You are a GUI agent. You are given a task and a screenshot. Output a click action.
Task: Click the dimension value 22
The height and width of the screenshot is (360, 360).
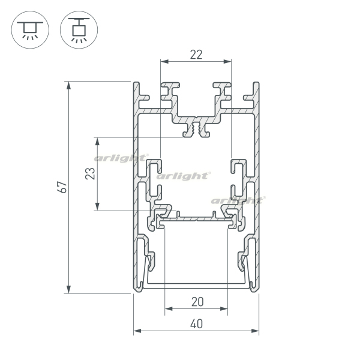pyautogui.click(x=196, y=55)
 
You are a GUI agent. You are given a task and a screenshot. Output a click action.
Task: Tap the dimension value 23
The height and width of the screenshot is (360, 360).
pyautogui.click(x=90, y=173)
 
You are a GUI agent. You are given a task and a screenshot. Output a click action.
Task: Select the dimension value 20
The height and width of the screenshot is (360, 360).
pyautogui.click(x=197, y=302)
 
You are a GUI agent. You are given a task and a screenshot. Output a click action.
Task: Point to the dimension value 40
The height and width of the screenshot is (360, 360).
pyautogui.click(x=197, y=324)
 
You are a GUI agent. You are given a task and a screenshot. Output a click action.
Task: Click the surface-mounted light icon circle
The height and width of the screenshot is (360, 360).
pyautogui.click(x=30, y=29)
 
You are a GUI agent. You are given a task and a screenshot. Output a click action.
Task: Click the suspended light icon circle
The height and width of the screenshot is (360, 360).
pyautogui.click(x=79, y=29)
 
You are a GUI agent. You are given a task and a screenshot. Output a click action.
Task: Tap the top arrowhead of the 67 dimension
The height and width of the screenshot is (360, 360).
pyautogui.click(x=68, y=85)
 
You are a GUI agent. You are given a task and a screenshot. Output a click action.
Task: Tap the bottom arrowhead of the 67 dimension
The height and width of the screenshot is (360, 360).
pyautogui.click(x=68, y=290)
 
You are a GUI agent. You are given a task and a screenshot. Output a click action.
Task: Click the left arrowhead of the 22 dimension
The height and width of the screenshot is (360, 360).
pyautogui.click(x=164, y=61)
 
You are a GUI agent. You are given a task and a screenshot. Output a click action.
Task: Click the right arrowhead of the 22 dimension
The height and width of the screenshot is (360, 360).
pyautogui.click(x=227, y=61)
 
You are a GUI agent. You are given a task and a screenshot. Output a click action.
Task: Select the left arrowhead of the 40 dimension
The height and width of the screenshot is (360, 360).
pyautogui.click(x=137, y=331)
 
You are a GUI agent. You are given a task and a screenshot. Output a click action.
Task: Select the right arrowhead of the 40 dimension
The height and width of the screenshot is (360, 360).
pyautogui.click(x=255, y=331)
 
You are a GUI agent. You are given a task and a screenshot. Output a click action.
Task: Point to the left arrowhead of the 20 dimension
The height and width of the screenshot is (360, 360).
pyautogui.click(x=169, y=308)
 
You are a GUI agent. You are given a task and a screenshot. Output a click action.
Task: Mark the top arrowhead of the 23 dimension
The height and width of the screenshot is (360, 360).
pyautogui.click(x=97, y=142)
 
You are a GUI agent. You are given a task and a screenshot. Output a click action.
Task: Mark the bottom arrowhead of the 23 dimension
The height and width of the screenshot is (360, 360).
pyautogui.click(x=97, y=206)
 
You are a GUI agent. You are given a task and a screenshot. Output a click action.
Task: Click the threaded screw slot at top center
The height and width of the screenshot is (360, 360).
pyautogui.click(x=196, y=128)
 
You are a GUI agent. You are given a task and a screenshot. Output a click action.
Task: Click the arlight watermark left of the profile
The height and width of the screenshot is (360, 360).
pyautogui.click(x=121, y=158)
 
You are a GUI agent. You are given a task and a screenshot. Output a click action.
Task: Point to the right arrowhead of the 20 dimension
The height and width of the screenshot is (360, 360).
pyautogui.click(x=224, y=308)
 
